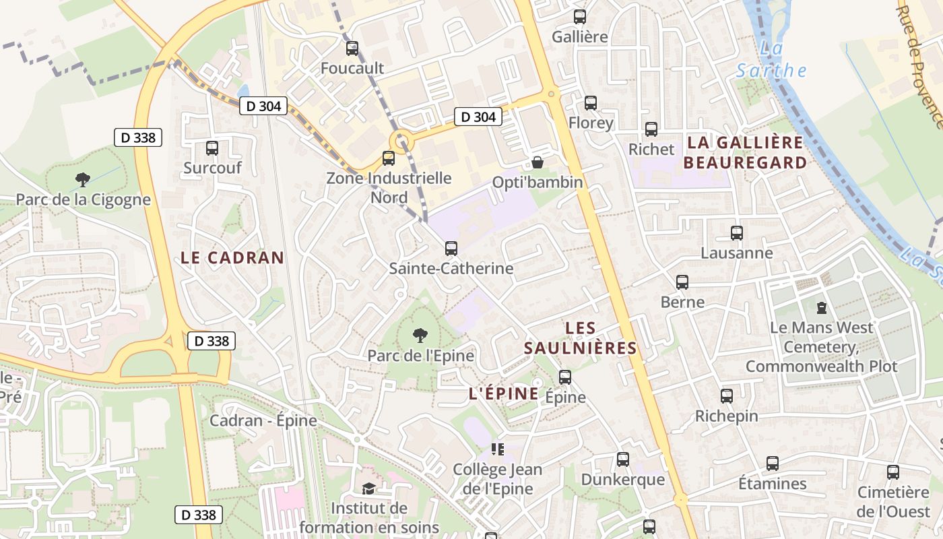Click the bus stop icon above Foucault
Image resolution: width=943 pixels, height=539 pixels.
(352, 49)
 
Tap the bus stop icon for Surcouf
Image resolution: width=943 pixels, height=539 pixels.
(212, 148)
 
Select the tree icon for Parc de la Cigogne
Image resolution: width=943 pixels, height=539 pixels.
(83, 180)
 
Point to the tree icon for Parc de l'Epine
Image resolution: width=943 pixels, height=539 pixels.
(420, 335)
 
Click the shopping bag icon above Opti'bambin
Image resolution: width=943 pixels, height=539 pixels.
(537, 162)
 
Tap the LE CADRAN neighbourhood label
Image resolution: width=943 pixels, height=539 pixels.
(232, 257)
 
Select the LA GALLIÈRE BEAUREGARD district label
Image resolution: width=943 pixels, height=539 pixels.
(744, 152)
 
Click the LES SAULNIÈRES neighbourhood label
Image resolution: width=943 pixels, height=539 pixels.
(581, 338)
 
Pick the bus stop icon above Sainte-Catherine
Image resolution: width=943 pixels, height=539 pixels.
(451, 249)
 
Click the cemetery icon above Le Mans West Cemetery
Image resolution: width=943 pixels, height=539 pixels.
(821, 308)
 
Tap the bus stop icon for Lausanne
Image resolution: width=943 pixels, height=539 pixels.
(737, 233)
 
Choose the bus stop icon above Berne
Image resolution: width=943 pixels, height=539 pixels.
(682, 282)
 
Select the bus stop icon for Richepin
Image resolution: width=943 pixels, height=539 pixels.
(727, 396)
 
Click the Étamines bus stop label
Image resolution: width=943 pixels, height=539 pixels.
(773, 484)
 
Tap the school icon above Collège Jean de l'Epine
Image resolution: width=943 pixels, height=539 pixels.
(498, 449)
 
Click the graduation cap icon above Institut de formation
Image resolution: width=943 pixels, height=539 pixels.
(368, 488)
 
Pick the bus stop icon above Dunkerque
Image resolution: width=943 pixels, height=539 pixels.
(623, 459)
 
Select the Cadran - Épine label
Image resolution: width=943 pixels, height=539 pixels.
(263, 421)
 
